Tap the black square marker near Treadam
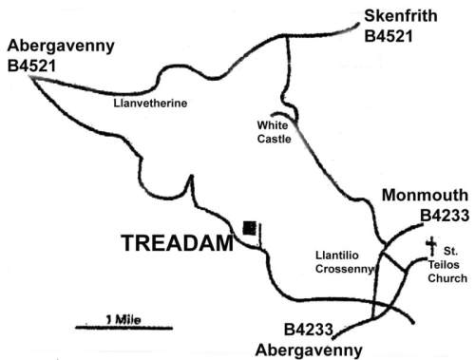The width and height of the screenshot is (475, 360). click(x=249, y=226)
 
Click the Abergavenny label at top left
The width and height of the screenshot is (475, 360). click(x=60, y=47)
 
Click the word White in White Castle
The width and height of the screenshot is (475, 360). click(x=273, y=124)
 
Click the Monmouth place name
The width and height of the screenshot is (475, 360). click(x=424, y=197)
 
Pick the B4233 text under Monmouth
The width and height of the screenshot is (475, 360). click(x=444, y=217)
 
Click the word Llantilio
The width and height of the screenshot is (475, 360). click(x=336, y=255)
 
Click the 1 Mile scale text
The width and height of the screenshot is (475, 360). click(x=122, y=318)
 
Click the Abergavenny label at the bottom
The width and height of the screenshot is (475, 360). click(x=308, y=349)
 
